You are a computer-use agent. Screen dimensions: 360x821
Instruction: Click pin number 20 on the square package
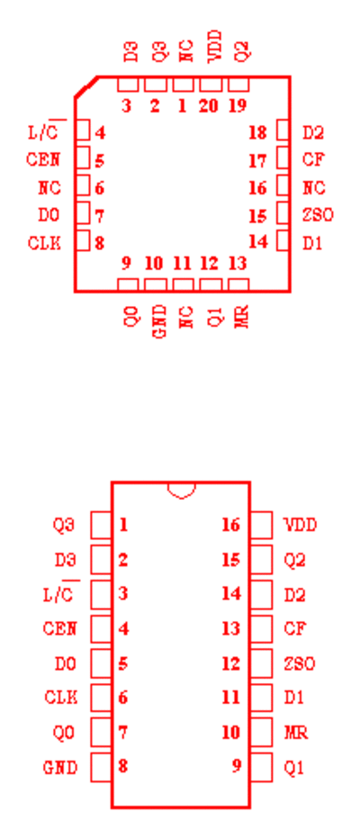(208, 106)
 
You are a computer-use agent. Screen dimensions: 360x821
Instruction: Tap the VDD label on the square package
(215, 47)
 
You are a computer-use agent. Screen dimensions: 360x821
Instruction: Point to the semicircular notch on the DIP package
(182, 491)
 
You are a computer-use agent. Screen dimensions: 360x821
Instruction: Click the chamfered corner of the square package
(85, 87)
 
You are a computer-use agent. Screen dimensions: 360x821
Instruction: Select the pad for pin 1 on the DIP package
(101, 525)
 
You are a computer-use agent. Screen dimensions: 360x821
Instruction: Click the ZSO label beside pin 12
(300, 664)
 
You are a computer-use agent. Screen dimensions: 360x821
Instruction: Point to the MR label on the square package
(241, 316)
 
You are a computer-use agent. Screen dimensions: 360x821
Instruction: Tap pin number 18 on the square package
(257, 133)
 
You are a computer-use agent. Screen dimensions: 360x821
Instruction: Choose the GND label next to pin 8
(60, 768)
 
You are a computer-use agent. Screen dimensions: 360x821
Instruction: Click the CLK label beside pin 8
(44, 243)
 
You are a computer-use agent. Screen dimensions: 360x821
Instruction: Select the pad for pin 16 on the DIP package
(261, 525)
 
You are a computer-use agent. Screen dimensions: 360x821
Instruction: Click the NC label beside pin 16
(314, 187)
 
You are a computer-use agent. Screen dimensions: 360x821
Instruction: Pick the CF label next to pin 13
(295, 628)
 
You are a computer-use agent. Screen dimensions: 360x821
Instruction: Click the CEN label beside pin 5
(43, 158)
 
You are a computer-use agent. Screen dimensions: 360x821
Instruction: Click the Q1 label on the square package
(213, 317)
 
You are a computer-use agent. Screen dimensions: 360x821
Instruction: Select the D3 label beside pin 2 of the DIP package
(65, 560)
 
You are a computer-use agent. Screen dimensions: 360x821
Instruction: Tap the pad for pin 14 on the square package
(283, 241)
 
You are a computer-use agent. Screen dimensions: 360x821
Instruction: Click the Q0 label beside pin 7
(65, 733)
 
